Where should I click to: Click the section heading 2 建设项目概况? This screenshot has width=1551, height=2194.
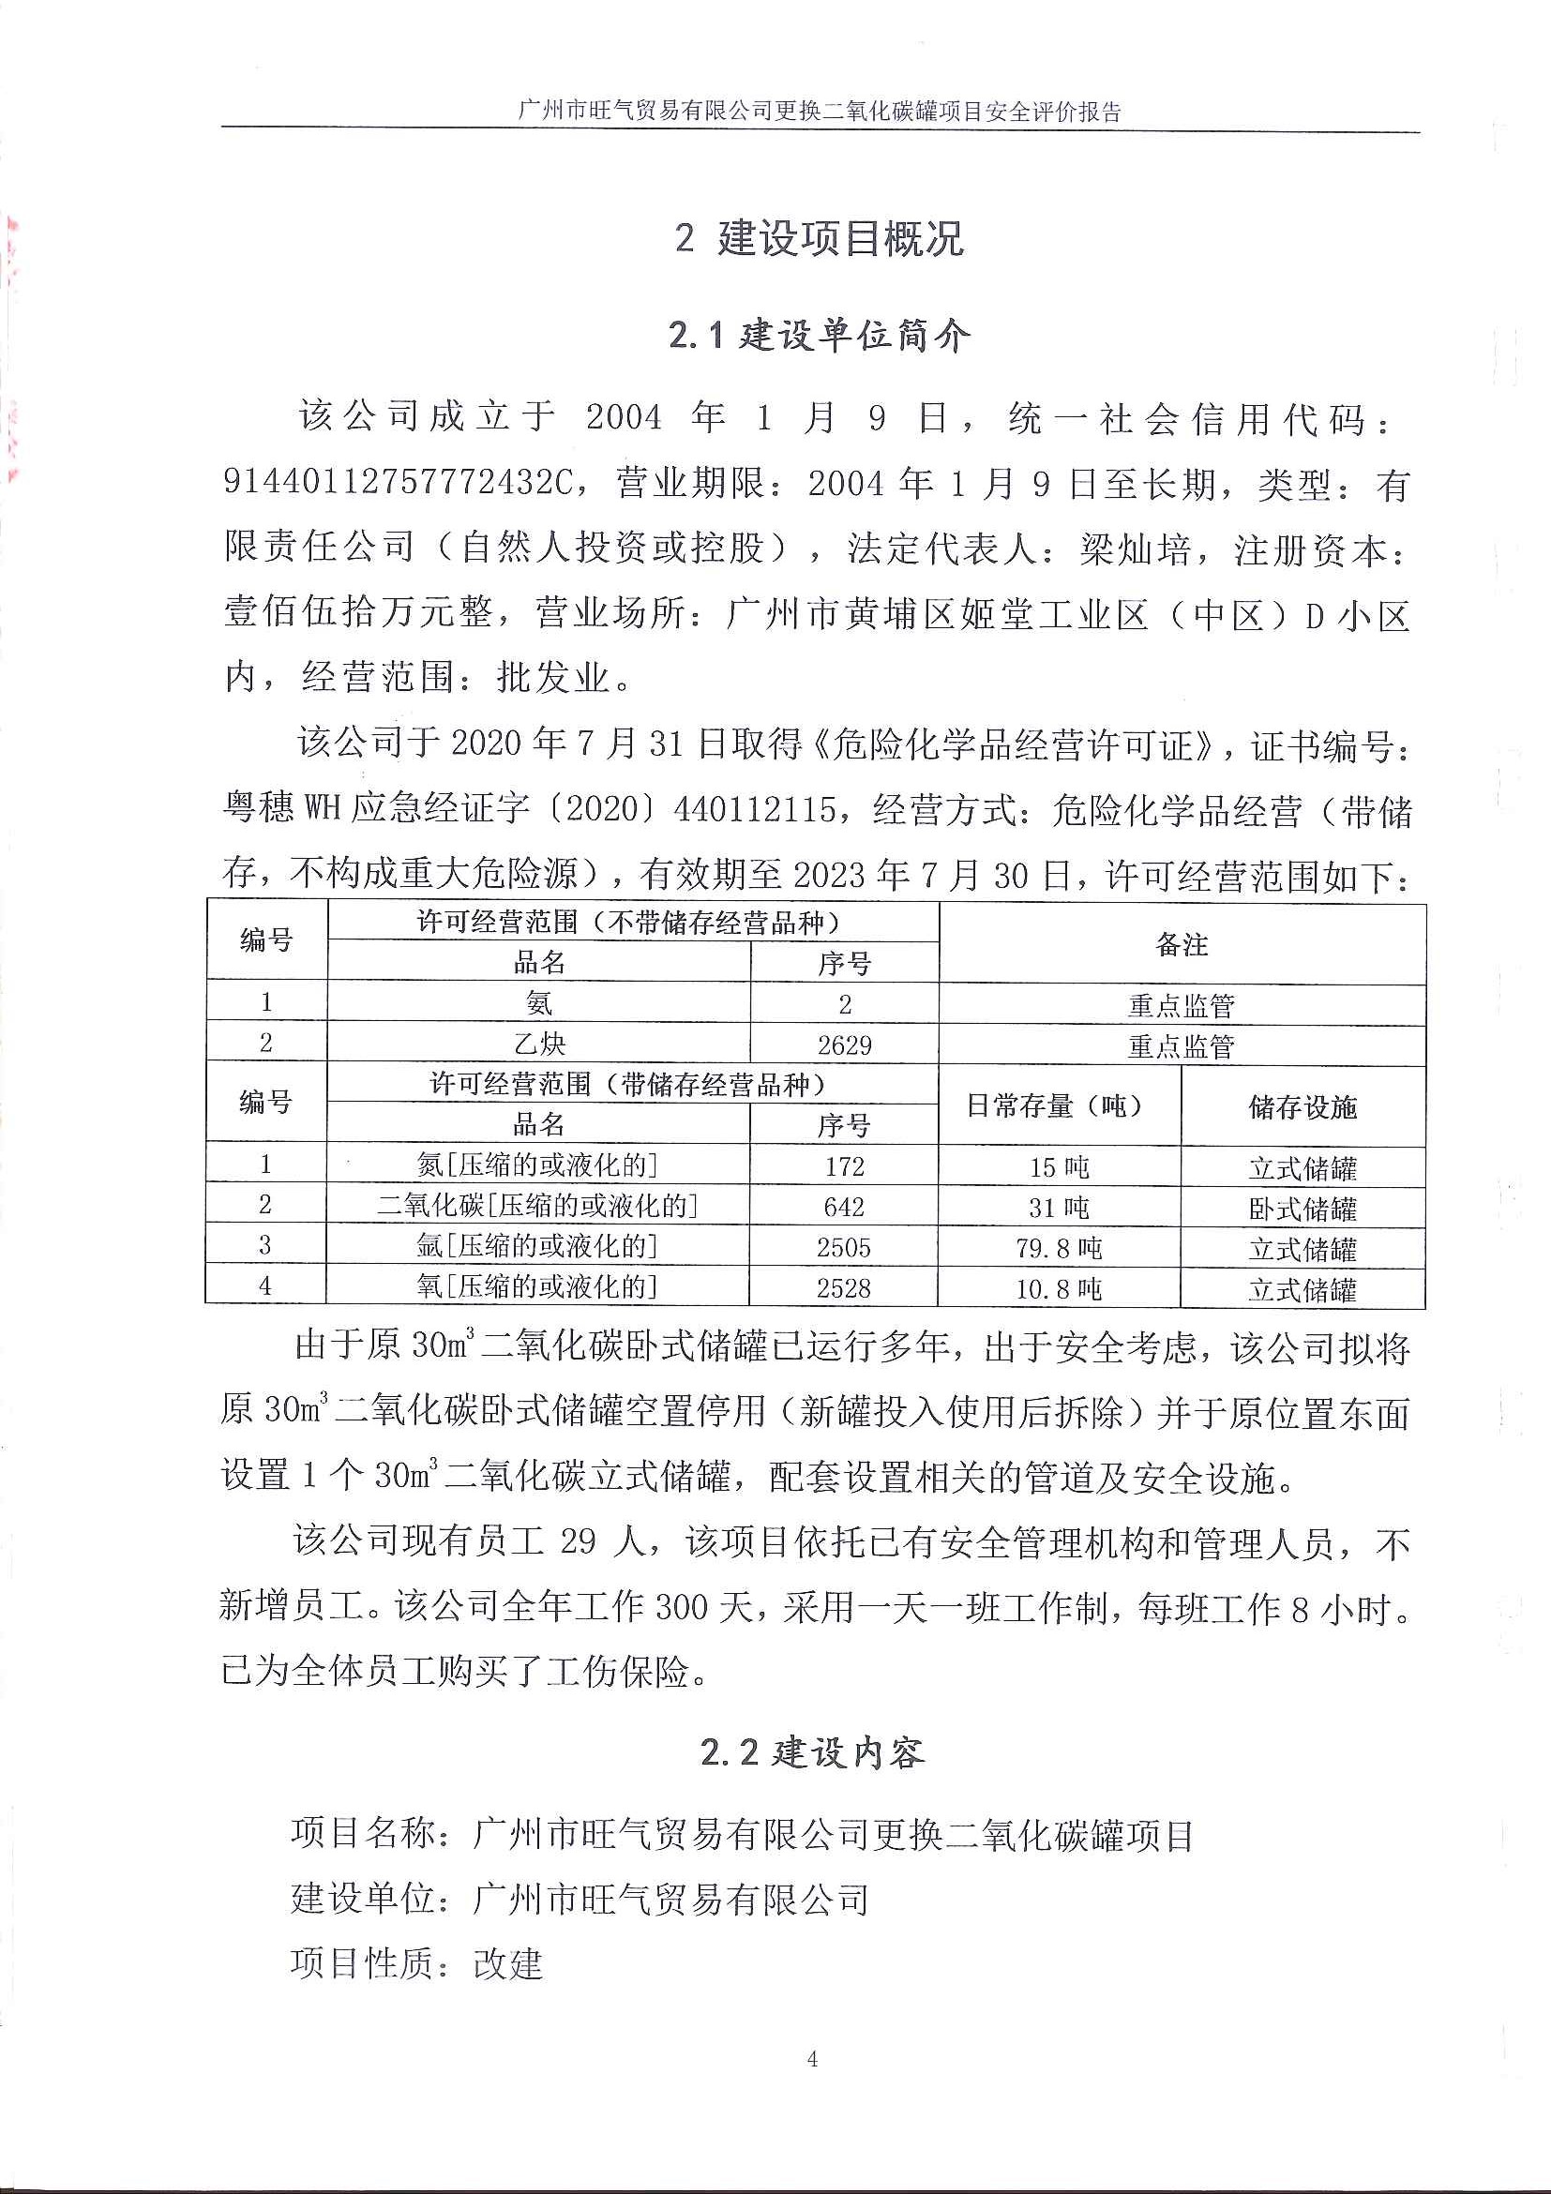point(819,239)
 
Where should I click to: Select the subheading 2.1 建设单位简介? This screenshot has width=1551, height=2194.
point(819,336)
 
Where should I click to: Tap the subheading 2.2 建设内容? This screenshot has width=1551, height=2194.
point(812,1752)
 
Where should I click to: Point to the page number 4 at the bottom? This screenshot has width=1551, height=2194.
point(811,2059)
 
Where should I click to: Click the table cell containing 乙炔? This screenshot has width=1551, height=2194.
point(539,1044)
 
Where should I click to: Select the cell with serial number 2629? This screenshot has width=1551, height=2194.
point(844,1044)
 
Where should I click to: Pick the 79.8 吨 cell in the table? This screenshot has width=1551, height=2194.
point(1059,1248)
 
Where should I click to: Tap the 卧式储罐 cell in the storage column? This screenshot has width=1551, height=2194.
point(1303,1209)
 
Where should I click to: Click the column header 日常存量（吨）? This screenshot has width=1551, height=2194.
point(1059,1106)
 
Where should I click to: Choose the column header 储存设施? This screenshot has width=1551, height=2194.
point(1303,1106)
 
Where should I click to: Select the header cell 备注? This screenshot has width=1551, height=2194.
point(1182,945)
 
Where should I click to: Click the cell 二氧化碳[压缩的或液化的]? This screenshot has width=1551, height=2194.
point(538,1206)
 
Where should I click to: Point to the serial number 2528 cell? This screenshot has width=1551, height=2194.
point(844,1288)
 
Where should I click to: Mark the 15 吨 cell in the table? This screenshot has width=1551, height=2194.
point(1059,1166)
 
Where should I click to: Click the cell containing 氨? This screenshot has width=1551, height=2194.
point(539,1003)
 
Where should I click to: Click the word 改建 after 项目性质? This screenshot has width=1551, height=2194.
point(508,1964)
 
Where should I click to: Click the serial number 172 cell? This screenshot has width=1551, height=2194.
point(844,1165)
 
